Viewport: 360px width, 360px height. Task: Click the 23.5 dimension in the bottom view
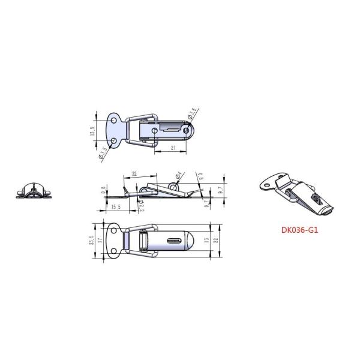pos(92,240)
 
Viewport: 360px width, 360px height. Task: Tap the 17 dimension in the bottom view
pos(100,241)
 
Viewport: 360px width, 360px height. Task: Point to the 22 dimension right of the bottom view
pos(218,241)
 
